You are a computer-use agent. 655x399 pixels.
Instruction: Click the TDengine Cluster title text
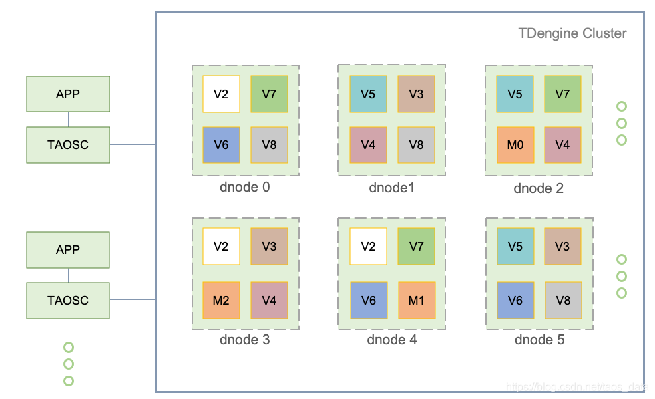tap(572, 33)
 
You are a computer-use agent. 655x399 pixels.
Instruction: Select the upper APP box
tap(68, 94)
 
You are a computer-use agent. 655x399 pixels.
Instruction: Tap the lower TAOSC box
tap(68, 300)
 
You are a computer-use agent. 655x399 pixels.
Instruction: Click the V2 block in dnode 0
tap(221, 94)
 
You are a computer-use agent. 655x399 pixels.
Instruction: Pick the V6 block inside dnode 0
tap(221, 144)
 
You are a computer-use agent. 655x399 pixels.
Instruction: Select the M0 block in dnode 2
tap(515, 144)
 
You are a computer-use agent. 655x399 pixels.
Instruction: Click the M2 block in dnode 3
tap(221, 300)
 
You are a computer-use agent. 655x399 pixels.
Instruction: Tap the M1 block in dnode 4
tap(416, 300)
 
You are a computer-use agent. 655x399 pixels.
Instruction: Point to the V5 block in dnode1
tap(368, 94)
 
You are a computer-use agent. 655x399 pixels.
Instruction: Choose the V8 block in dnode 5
tap(562, 300)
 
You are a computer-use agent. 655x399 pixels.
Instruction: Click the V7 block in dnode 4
tap(416, 246)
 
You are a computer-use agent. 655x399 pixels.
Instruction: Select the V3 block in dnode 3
tap(269, 246)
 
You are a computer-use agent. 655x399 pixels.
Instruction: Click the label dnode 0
tap(244, 187)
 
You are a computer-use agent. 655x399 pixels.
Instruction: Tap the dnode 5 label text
tap(539, 340)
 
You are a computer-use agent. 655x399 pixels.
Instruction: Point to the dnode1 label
tap(391, 188)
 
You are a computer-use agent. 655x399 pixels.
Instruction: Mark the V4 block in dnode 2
tap(562, 144)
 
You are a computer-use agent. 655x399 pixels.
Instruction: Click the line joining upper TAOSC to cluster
tap(132, 144)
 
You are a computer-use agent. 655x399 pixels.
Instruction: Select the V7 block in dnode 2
tap(562, 94)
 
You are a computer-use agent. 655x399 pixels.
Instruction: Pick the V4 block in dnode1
tap(368, 144)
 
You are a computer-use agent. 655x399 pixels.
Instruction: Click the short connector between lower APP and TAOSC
tap(68, 275)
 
